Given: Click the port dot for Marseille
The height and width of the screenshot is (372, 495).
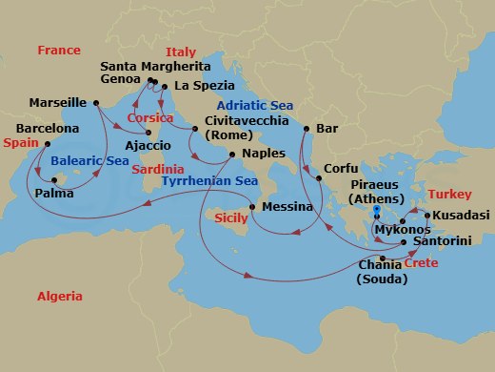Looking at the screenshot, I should click(96, 102).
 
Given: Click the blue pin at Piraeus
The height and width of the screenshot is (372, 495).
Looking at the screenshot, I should click(377, 212).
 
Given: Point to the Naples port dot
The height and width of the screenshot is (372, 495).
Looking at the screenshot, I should click(233, 153).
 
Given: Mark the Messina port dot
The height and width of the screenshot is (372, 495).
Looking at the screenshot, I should click(251, 207).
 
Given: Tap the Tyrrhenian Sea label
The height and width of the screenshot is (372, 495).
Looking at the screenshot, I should click(209, 180).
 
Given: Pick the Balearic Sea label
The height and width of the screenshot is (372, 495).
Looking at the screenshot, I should click(90, 161).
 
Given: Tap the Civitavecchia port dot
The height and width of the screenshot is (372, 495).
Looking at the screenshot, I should click(194, 128).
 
